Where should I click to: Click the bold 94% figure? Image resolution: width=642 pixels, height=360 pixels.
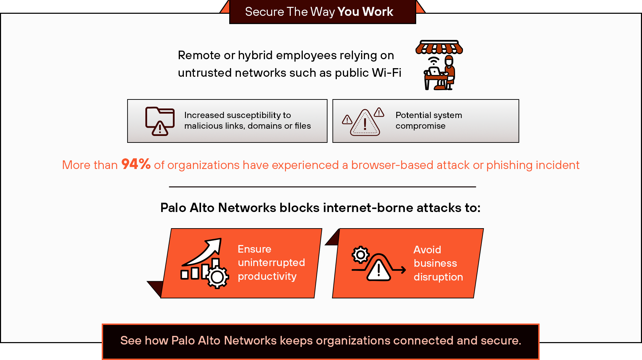click(136, 164)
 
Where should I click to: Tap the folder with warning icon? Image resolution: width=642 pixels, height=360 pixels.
click(159, 121)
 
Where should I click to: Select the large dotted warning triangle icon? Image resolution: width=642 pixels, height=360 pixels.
click(365, 123)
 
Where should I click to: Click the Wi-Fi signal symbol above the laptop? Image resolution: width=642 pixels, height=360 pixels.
click(434, 61)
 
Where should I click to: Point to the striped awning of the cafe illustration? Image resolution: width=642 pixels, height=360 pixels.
click(439, 47)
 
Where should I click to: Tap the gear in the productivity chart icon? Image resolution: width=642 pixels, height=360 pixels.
click(217, 277)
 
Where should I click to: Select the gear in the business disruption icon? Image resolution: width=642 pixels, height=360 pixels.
click(361, 255)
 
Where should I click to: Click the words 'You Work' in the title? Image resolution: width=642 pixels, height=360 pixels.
click(365, 12)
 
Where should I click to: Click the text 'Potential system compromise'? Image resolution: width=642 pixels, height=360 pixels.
click(428, 120)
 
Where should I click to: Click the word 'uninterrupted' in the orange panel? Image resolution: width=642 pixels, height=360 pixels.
click(271, 263)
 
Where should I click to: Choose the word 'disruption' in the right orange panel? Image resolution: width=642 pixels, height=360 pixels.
click(438, 277)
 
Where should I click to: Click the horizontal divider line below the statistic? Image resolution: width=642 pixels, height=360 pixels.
click(322, 187)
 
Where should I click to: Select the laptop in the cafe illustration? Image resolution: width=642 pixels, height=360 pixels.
click(434, 72)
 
